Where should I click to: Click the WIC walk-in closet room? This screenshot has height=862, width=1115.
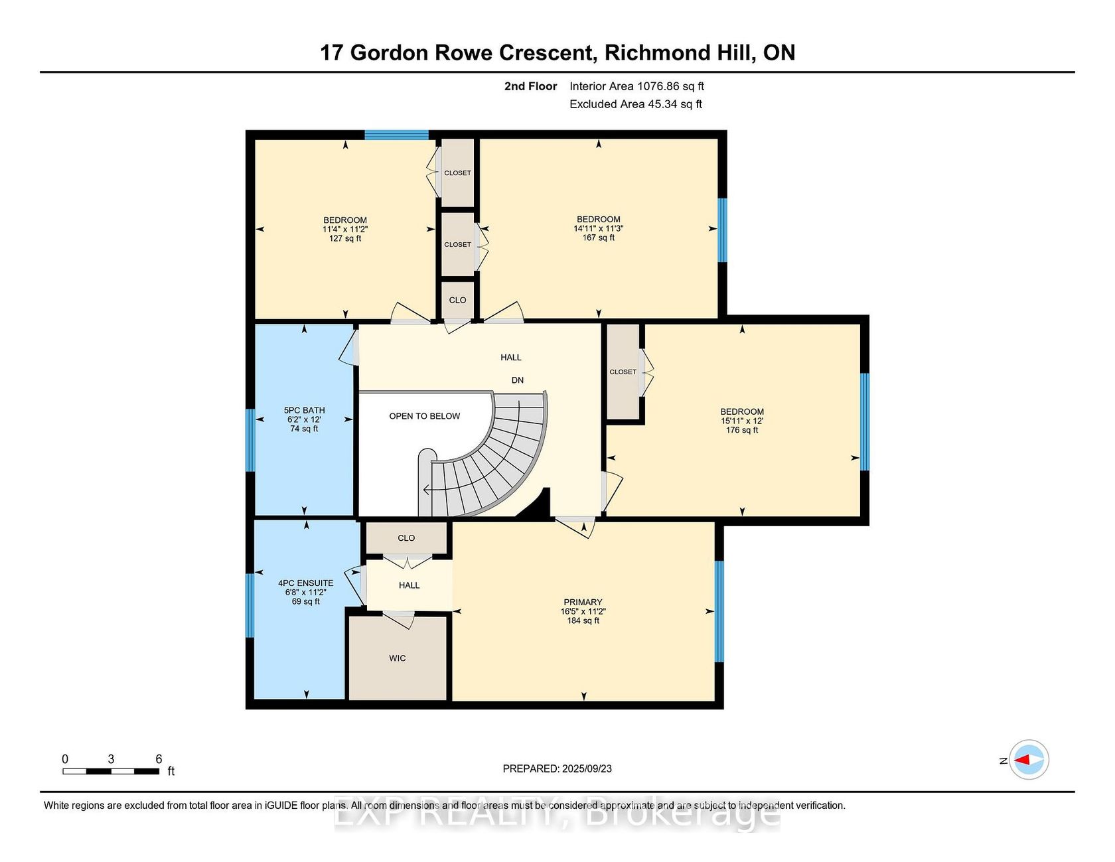[398, 658]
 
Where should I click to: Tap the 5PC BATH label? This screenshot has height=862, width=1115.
[304, 410]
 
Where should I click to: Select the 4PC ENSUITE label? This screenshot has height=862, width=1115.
[306, 583]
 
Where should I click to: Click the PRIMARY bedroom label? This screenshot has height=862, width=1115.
[583, 602]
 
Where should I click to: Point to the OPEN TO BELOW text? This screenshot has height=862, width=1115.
[425, 416]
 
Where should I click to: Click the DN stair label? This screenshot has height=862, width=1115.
[518, 380]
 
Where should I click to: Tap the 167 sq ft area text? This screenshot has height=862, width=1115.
[599, 238]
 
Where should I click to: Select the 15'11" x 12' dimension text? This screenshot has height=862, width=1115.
[742, 421]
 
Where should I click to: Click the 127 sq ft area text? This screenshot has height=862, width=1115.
[345, 238]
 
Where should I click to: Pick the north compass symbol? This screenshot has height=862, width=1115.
[1029, 760]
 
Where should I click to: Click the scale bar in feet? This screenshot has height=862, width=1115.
[111, 771]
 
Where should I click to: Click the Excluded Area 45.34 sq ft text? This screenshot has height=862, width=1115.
[636, 104]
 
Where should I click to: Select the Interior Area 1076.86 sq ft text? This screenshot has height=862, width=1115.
[637, 86]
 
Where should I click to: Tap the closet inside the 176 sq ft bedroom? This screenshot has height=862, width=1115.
[623, 372]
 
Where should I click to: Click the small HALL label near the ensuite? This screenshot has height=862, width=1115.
[409, 585]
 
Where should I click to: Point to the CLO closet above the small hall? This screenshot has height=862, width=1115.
[406, 538]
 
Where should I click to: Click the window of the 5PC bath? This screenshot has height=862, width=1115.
[250, 440]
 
